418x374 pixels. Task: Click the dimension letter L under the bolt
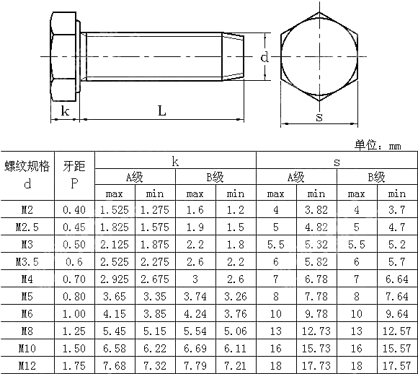coord(162,110)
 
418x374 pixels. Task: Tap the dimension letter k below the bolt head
coord(65,110)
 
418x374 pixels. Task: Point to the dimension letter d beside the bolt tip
coord(265,57)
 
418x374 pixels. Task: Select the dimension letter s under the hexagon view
coord(319,117)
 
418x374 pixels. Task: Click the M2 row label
coord(27,210)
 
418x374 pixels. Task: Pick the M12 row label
coord(27,365)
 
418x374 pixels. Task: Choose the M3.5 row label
coord(27,261)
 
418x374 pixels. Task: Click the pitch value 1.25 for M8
coord(74,331)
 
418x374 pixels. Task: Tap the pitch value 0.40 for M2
coord(74,210)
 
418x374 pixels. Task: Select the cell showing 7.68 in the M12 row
coord(114,365)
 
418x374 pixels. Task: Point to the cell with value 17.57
coord(396,365)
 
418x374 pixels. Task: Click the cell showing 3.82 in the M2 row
coord(316,210)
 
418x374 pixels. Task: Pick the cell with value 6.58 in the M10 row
coord(114,348)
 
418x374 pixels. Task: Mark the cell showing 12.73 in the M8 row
coord(316,331)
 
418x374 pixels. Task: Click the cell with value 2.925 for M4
coord(114,279)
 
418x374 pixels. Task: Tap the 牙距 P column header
coord(74,175)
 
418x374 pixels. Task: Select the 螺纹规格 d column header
coord(27,175)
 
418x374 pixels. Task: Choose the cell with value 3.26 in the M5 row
coord(235,296)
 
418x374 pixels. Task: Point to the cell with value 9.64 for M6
coord(396,313)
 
